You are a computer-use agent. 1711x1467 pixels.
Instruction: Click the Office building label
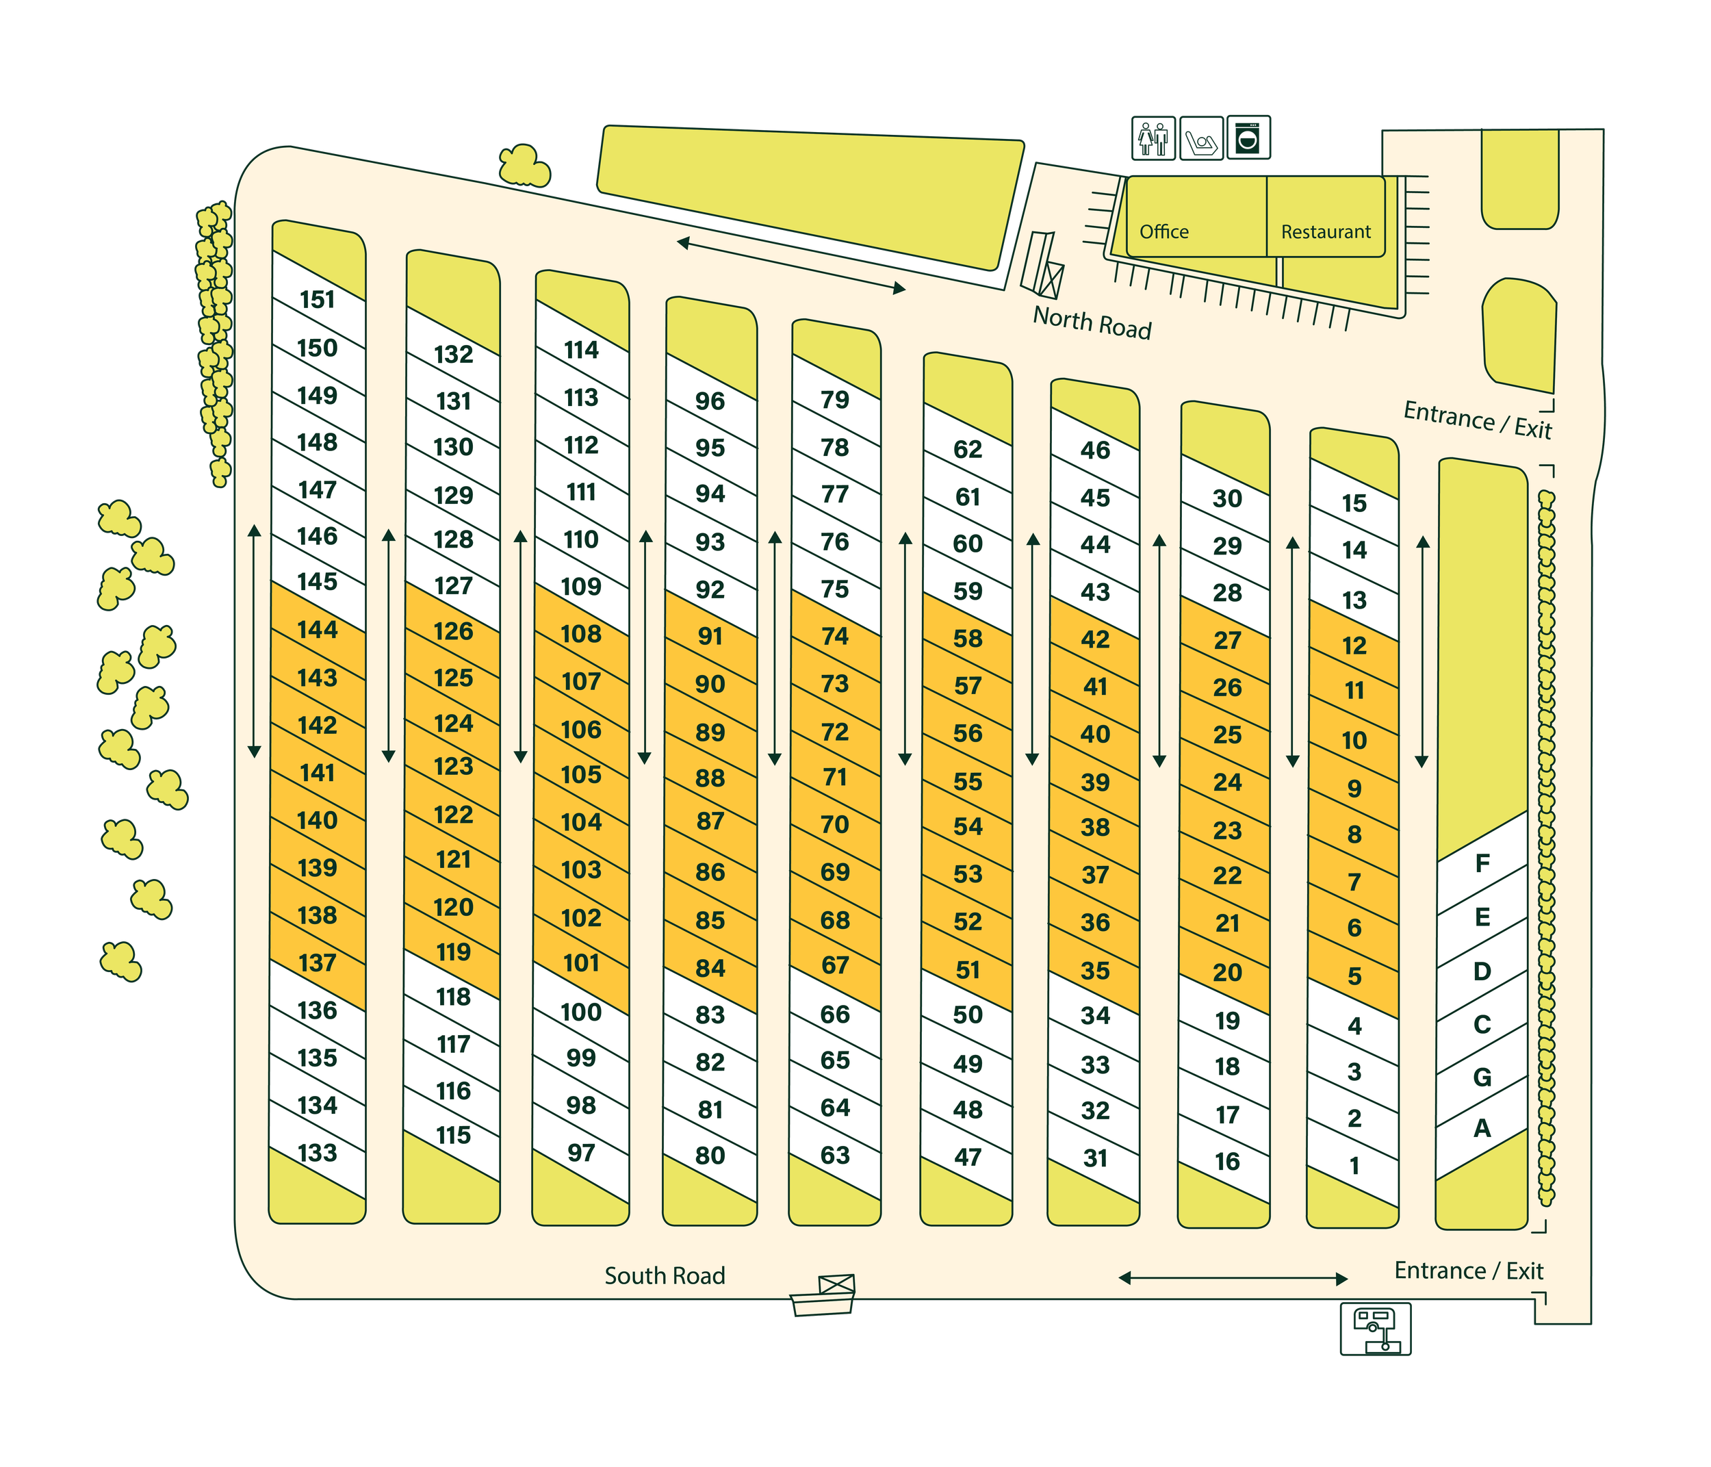(x=1163, y=232)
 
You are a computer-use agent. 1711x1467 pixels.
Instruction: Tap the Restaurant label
(x=1326, y=232)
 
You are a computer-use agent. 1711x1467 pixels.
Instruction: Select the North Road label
(x=1092, y=322)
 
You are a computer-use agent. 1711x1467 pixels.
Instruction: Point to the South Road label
(x=665, y=1276)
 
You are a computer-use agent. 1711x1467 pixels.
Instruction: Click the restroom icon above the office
(x=1153, y=139)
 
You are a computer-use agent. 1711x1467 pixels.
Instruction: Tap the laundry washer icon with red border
(x=1248, y=138)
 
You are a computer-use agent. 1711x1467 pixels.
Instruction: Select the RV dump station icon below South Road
(x=1375, y=1329)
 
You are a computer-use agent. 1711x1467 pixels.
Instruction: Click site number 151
(x=318, y=300)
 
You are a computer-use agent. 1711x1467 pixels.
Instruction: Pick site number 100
(x=580, y=1012)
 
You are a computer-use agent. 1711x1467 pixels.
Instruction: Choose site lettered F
(x=1482, y=864)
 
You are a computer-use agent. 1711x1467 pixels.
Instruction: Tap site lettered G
(x=1482, y=1077)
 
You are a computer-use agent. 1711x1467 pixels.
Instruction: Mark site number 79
(x=835, y=400)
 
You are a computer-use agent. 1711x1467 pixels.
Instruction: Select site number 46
(x=1095, y=450)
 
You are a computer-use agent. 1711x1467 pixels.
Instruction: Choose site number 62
(x=968, y=449)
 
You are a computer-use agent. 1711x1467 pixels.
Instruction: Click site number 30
(x=1227, y=498)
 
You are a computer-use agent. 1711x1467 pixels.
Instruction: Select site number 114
(x=580, y=350)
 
